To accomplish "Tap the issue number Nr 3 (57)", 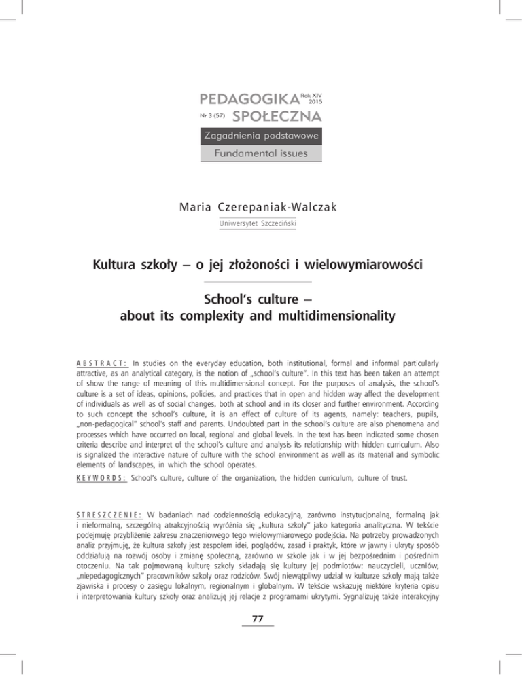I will coord(214,117).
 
